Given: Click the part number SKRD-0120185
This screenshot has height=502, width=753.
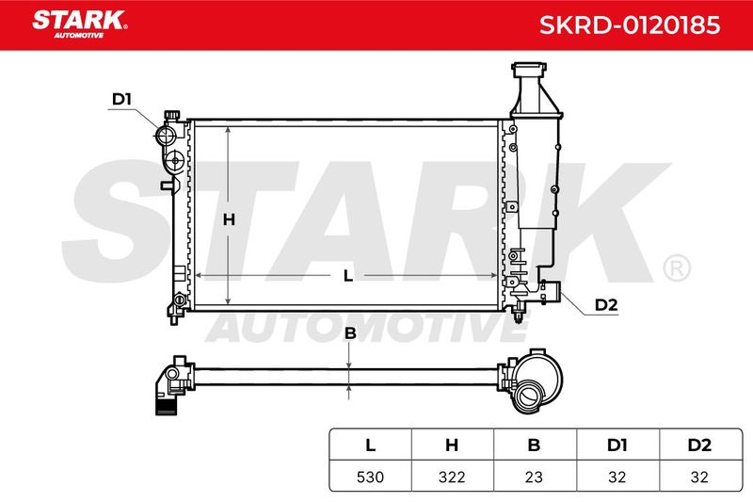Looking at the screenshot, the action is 630,24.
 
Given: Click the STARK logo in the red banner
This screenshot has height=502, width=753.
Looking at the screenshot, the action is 80,24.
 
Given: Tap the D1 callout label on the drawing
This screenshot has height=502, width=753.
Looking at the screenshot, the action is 121,99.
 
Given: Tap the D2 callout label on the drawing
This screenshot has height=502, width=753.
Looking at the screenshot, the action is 606,304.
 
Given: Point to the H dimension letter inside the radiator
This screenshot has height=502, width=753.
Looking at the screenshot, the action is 229,219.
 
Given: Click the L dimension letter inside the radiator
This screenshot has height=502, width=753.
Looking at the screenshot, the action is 348,276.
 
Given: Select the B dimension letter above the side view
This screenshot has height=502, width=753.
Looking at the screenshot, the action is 350,332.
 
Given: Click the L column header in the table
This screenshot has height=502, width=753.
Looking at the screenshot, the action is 370,445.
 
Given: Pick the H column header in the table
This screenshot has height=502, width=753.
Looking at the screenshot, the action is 452,445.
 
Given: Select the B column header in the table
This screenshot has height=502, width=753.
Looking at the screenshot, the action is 534,445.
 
